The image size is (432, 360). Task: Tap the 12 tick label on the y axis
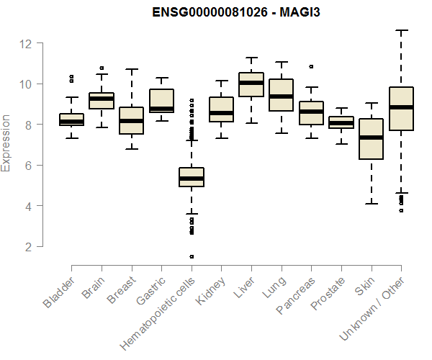[x=27, y=43]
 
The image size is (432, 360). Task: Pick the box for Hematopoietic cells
[x=192, y=177]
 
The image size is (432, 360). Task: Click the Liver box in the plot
[x=251, y=84]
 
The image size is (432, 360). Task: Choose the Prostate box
[x=341, y=122]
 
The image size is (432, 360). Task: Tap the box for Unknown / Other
[x=401, y=109]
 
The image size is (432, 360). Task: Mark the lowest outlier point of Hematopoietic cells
[x=192, y=256]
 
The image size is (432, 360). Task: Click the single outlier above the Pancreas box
[x=311, y=66]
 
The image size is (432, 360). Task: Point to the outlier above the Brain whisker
[x=102, y=68]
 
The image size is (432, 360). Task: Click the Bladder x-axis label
[x=59, y=292]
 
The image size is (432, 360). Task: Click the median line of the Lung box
[x=281, y=96]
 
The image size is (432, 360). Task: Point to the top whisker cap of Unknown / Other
[x=401, y=30]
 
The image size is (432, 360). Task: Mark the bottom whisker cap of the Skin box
[x=371, y=204]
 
